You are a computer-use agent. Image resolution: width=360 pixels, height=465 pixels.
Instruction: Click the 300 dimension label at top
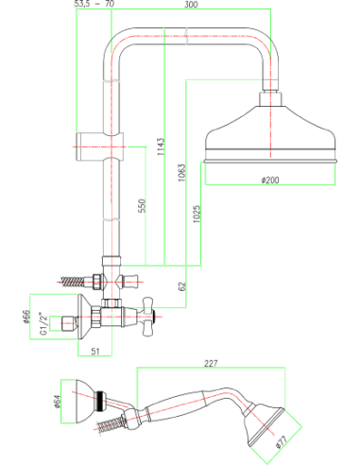click(x=191, y=4)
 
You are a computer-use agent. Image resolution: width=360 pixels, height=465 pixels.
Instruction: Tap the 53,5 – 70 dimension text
click(x=94, y=4)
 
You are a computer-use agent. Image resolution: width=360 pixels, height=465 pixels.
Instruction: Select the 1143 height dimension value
click(x=161, y=146)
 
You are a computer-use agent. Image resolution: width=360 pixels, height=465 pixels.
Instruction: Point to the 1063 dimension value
click(x=181, y=173)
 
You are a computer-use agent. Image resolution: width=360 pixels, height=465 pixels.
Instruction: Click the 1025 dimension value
click(x=197, y=215)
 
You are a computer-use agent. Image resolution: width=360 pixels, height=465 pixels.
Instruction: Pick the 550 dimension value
click(x=142, y=206)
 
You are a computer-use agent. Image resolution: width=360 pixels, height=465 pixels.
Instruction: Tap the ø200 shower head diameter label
click(x=270, y=180)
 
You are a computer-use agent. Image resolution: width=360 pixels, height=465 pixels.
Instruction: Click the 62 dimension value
click(x=182, y=286)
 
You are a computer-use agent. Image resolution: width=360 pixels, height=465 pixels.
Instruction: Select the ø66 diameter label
click(x=26, y=317)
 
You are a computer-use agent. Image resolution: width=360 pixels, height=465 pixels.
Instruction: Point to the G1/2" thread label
click(x=43, y=323)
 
